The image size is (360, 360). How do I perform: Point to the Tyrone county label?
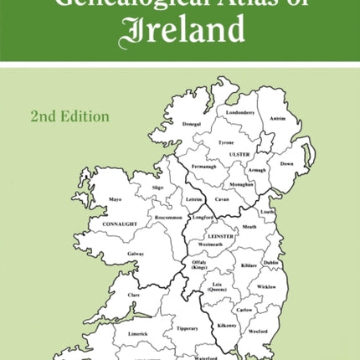226,143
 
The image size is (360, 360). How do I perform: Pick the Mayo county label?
116,199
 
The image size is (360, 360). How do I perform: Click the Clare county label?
132,295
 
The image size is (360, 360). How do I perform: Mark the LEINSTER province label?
222,237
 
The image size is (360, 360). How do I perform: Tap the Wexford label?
258,332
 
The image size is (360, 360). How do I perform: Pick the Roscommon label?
167,218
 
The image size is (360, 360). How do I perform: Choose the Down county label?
286,164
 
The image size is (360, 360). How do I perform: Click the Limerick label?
139,333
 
